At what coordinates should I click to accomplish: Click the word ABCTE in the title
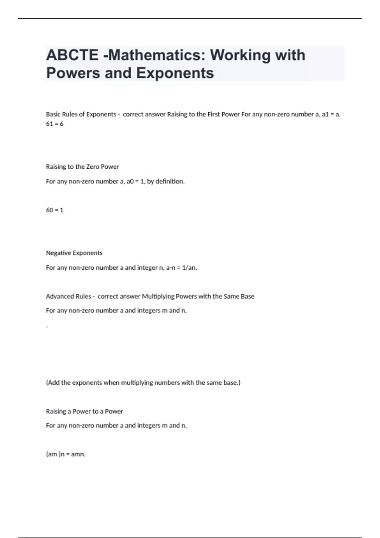(x=72, y=55)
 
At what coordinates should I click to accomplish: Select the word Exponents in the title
(x=175, y=73)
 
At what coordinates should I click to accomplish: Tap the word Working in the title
(x=240, y=55)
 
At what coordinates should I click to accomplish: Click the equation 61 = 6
(x=54, y=124)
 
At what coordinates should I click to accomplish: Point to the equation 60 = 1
(x=54, y=210)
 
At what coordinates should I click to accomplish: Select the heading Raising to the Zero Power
(x=82, y=167)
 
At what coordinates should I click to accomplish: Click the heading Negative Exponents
(x=74, y=253)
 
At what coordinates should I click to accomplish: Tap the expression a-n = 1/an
(x=181, y=268)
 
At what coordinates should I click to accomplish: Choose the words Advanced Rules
(x=68, y=297)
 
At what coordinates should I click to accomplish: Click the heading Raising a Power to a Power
(x=85, y=411)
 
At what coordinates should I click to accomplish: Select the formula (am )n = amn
(x=66, y=454)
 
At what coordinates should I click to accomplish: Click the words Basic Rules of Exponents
(x=81, y=114)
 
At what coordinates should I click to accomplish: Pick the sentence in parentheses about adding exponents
(x=143, y=383)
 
